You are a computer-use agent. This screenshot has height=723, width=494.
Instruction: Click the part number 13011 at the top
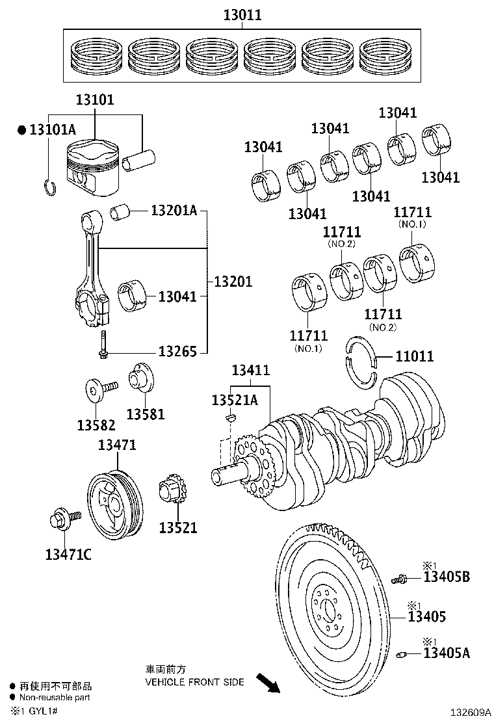click(242, 14)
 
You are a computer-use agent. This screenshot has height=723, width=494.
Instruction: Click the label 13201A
click(174, 210)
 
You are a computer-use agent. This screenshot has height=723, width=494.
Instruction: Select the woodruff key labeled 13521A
click(228, 417)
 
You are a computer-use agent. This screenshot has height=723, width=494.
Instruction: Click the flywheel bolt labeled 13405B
click(398, 578)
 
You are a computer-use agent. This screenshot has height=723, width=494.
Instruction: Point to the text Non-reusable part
click(54, 697)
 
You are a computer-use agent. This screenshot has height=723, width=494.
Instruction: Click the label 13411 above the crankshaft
click(251, 371)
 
